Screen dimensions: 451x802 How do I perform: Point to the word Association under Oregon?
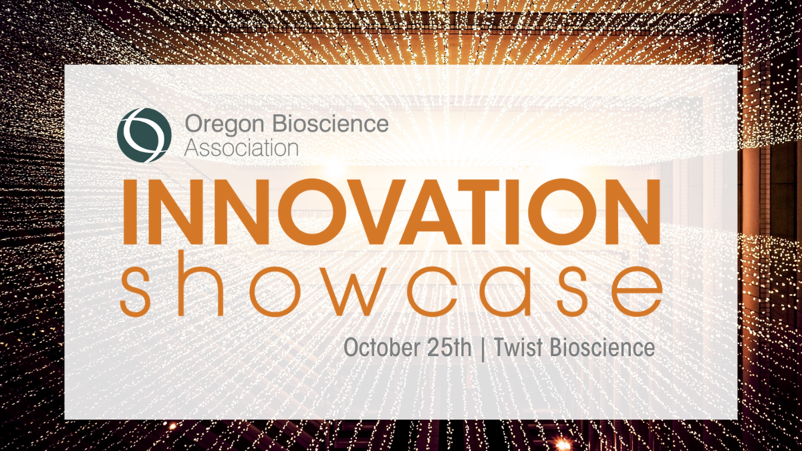click(241, 147)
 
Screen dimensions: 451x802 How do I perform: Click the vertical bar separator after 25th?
click(483, 349)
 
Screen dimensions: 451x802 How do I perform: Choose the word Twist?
click(517, 348)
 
